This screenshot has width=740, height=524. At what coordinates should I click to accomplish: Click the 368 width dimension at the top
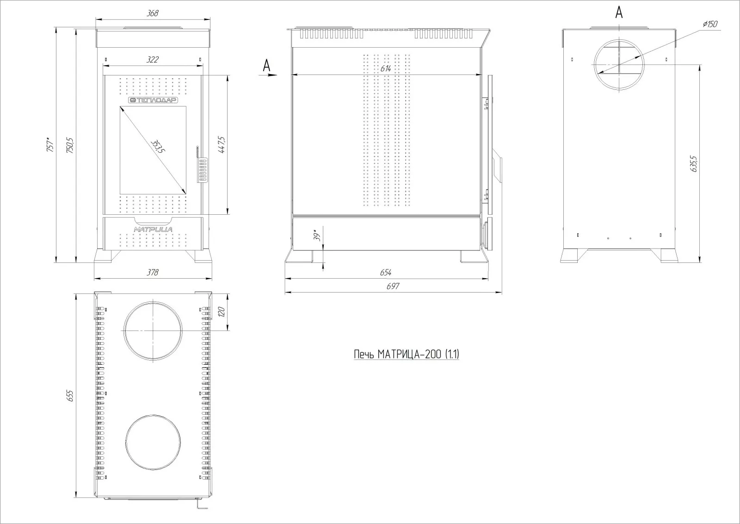click(x=152, y=13)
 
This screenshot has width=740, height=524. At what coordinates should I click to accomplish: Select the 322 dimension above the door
click(x=153, y=60)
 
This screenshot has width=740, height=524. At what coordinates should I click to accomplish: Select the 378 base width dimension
click(x=153, y=272)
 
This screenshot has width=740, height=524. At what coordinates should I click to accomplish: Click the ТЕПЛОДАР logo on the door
click(x=153, y=100)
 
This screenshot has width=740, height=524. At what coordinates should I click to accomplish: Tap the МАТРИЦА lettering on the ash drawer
click(x=153, y=229)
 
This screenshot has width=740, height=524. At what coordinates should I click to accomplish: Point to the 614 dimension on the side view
click(x=386, y=69)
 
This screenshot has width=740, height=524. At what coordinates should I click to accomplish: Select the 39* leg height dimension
click(x=317, y=236)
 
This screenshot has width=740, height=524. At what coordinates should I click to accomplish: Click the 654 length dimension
click(x=386, y=272)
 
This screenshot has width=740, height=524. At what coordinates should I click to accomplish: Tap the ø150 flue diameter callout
click(x=709, y=24)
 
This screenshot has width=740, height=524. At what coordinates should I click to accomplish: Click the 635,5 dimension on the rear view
click(x=693, y=164)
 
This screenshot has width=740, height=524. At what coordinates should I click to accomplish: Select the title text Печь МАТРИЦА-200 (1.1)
click(x=407, y=355)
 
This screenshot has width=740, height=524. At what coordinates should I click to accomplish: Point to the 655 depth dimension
click(x=70, y=396)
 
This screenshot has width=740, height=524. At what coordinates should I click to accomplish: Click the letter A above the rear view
click(x=619, y=13)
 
